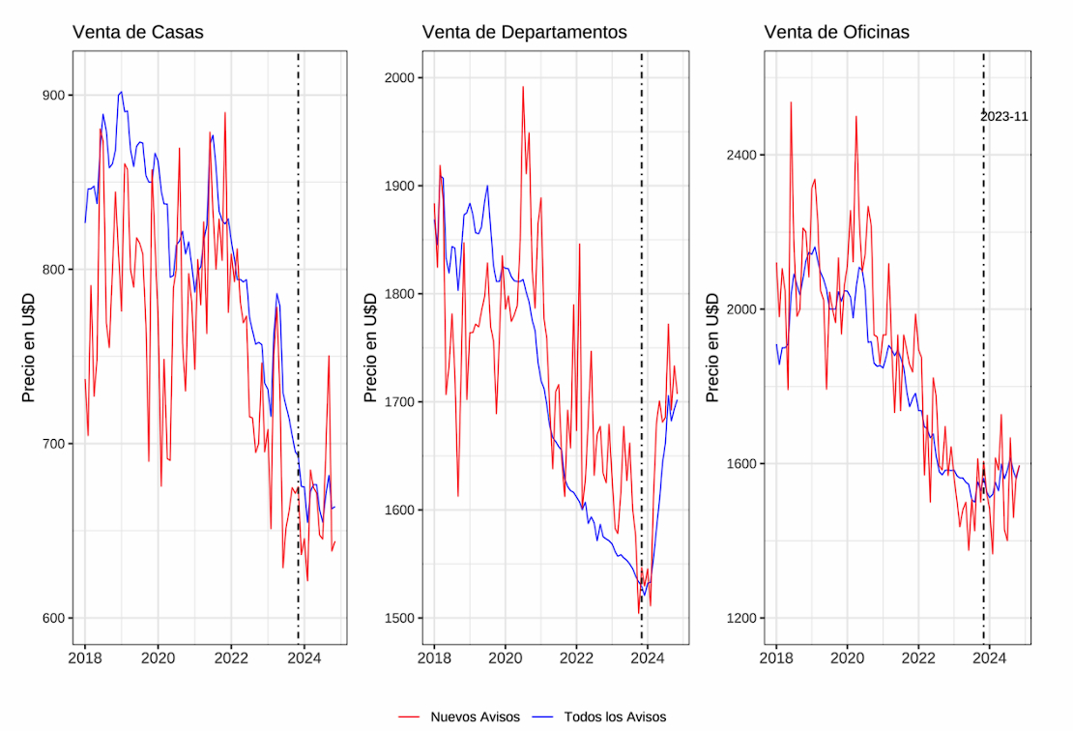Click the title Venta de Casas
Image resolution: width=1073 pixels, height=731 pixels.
pos(138,32)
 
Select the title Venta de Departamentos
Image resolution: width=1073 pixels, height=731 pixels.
pos(524,32)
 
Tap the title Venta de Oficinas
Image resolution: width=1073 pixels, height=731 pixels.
pos(836,32)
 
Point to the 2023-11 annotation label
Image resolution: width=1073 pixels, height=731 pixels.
pos(1004,116)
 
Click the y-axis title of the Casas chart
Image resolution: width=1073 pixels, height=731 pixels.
pos(29,347)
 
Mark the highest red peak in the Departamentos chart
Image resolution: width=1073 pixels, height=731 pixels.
pos(523,87)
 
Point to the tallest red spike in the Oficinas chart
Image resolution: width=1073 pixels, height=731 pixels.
pos(791,102)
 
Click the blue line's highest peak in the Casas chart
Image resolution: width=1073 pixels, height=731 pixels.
pos(121,92)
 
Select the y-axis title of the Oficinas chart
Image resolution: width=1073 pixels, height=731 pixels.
pos(713,347)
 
